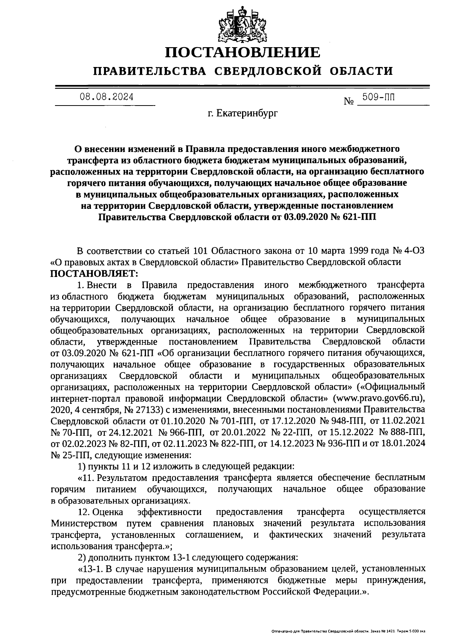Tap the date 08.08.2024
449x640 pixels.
106,97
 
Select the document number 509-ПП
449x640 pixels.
378,98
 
